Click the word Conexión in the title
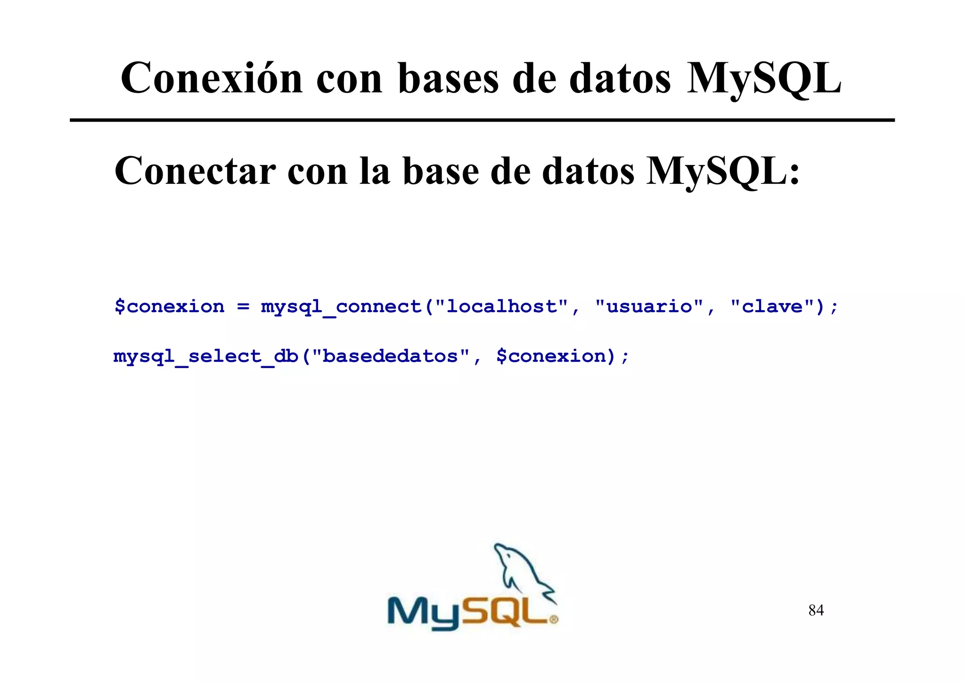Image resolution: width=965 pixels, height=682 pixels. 212,78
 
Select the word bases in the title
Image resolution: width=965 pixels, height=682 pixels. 448,78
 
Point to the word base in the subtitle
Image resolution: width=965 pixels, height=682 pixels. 441,171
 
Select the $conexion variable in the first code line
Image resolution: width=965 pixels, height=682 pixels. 170,307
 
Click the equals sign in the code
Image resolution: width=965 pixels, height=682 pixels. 243,307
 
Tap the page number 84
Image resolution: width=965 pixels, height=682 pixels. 816,610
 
